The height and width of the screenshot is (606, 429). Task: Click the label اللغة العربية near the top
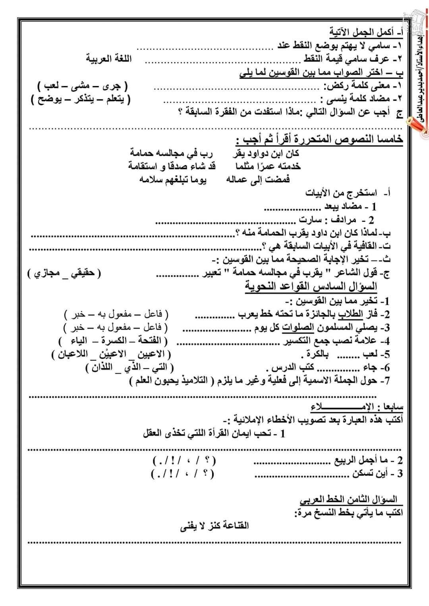(x=109, y=59)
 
